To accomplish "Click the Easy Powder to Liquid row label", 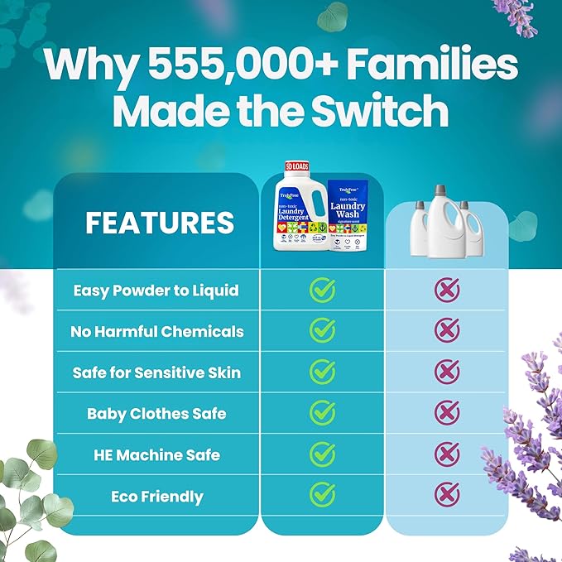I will (x=156, y=291).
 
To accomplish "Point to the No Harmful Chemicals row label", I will (x=156, y=331).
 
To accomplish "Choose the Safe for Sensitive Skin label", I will (x=156, y=372).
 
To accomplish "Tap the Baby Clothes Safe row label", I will (x=156, y=413).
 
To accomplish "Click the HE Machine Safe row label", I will (x=156, y=454).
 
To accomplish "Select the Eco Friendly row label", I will (x=156, y=497).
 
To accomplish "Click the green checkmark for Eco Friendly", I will (x=322, y=495).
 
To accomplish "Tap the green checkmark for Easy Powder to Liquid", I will (x=322, y=290).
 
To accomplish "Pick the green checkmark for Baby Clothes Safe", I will (x=322, y=412).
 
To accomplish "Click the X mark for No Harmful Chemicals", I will (x=447, y=330).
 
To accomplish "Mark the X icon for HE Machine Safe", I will (x=447, y=454).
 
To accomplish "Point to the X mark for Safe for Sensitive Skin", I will (x=447, y=372).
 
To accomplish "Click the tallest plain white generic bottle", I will (x=442, y=222).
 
